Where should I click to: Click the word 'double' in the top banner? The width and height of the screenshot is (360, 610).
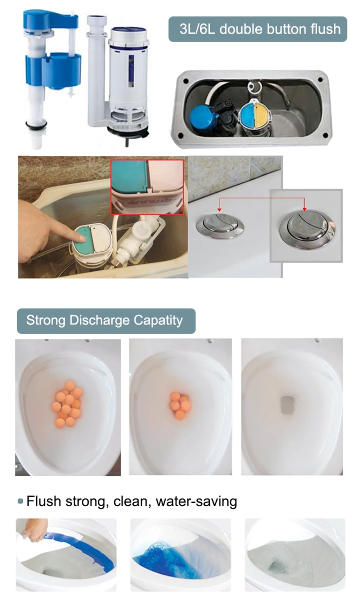pyautogui.click(x=238, y=29)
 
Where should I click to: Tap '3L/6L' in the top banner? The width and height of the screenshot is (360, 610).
pyautogui.click(x=197, y=29)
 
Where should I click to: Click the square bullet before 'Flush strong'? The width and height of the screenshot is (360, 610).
pyautogui.click(x=20, y=501)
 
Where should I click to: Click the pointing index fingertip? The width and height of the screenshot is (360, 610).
pyautogui.click(x=80, y=236)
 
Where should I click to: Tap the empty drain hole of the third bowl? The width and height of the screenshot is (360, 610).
pyautogui.click(x=288, y=405)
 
